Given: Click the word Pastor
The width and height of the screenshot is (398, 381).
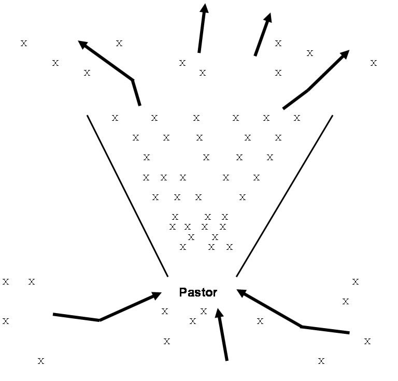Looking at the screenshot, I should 198,292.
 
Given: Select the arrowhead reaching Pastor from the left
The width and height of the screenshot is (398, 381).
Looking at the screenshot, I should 157,295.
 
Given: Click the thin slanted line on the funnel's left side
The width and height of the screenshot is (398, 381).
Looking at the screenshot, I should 127,195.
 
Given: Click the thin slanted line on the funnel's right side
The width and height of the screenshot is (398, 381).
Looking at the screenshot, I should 285,195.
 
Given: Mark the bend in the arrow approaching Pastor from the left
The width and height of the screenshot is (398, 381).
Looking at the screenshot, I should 99,320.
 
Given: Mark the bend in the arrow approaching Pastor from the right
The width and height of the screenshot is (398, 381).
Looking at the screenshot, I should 301,327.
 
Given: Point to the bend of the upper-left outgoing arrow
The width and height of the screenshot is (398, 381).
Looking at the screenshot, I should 133,80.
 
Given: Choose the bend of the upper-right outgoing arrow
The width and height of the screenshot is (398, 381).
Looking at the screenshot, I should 308,91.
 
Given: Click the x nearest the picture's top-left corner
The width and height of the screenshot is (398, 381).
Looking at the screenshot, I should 23,43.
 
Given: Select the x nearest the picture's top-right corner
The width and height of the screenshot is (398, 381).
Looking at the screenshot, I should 373,63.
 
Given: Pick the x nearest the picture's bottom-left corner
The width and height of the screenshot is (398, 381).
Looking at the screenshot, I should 41,360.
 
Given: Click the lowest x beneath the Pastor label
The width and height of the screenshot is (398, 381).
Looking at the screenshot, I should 167,341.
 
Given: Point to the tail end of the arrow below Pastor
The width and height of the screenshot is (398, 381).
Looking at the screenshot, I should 226,359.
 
